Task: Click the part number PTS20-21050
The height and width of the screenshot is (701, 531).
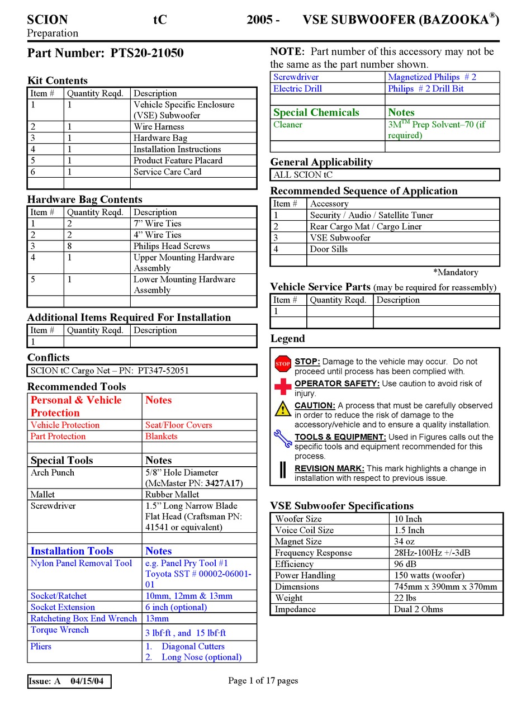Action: pos(147,53)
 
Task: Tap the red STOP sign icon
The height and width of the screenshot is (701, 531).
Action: pos(283,364)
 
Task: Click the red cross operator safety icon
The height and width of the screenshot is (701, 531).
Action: pos(283,387)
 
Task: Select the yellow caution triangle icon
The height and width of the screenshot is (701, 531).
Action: pos(283,409)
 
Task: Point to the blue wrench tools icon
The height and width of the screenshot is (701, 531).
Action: pos(283,439)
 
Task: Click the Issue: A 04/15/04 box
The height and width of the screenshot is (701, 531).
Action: pos(69,681)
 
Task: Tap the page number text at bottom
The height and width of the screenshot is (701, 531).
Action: pos(263,680)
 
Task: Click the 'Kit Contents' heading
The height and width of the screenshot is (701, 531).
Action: pos(58,80)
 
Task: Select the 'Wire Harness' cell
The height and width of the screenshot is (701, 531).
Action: pos(159,127)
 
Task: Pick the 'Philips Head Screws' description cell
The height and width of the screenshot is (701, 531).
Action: pos(172,246)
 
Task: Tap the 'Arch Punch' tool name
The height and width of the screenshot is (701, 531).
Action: pos(53,472)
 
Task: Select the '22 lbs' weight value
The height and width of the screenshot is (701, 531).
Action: pos(404,598)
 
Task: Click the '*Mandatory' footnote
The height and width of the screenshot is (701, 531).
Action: pos(456,272)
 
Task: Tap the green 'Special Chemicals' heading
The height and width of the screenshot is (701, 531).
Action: pos(316,112)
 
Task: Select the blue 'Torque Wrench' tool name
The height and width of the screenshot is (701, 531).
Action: pos(60,629)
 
